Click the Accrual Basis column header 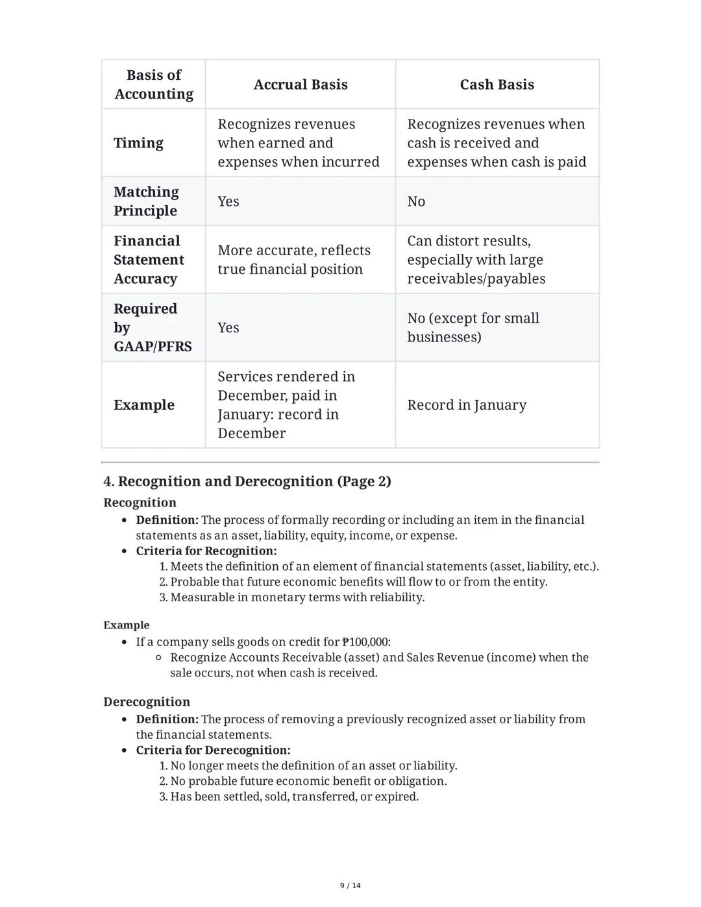click(x=300, y=84)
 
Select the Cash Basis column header click(x=497, y=84)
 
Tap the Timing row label click(x=138, y=143)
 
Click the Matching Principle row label click(x=146, y=201)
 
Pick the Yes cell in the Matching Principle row click(x=228, y=201)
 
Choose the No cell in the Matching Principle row click(x=416, y=201)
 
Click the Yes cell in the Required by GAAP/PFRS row click(x=228, y=328)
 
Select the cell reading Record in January click(x=467, y=405)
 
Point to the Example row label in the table click(x=144, y=405)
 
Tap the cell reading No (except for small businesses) click(x=473, y=328)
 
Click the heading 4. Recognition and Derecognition click(x=247, y=481)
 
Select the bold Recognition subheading click(x=140, y=503)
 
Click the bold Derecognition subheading click(x=147, y=702)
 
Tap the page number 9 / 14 click(x=350, y=886)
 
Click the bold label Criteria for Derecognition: click(x=213, y=750)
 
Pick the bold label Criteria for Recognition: click(x=206, y=551)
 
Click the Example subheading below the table click(x=126, y=625)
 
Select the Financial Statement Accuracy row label click(x=149, y=260)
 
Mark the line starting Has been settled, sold click(x=294, y=797)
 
